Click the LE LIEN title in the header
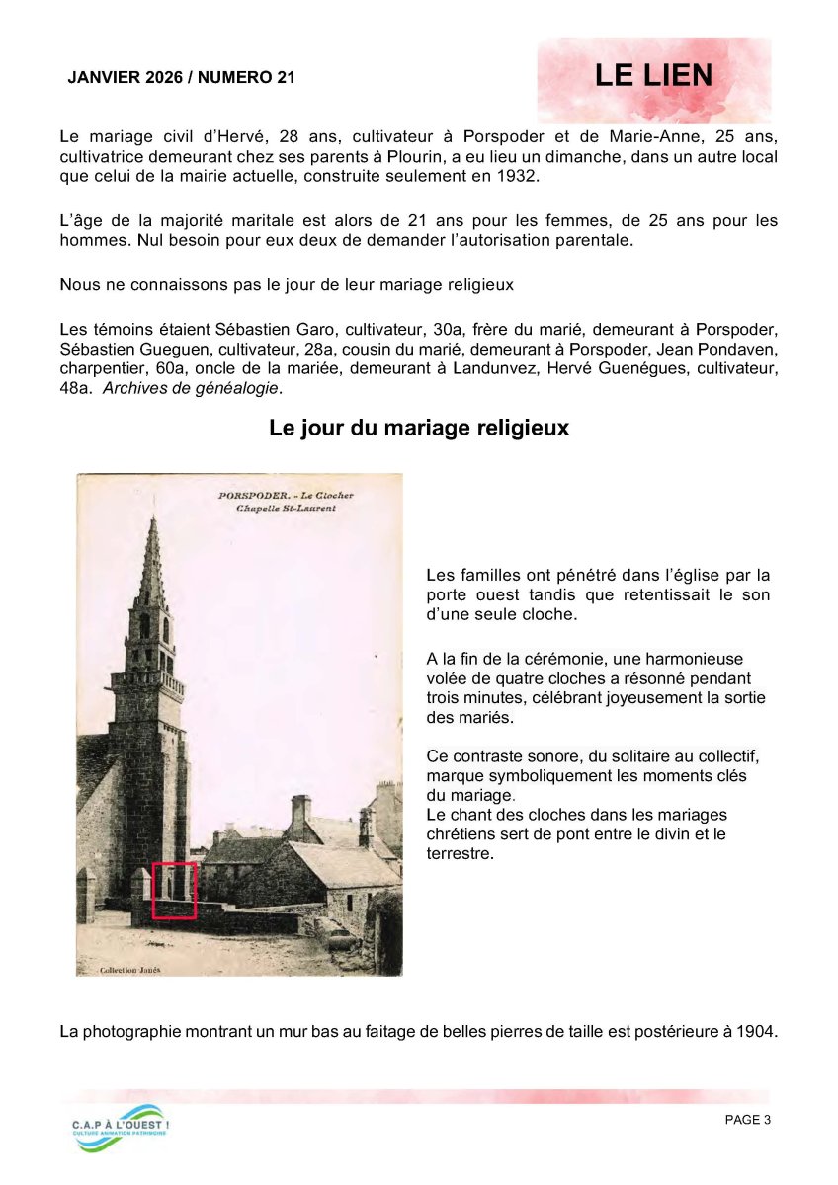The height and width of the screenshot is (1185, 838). coord(653,76)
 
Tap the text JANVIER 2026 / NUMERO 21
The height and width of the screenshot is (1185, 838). coord(181,78)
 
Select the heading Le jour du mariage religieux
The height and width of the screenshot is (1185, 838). coord(419,429)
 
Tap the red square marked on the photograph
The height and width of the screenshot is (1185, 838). coord(174,890)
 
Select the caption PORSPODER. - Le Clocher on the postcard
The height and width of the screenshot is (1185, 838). coord(286,495)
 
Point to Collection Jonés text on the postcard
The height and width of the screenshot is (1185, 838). coord(130,969)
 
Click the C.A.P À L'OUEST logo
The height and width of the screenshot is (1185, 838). coord(120,1126)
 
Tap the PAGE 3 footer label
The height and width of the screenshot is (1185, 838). coord(747,1119)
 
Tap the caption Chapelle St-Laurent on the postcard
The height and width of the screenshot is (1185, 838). coord(286,509)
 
